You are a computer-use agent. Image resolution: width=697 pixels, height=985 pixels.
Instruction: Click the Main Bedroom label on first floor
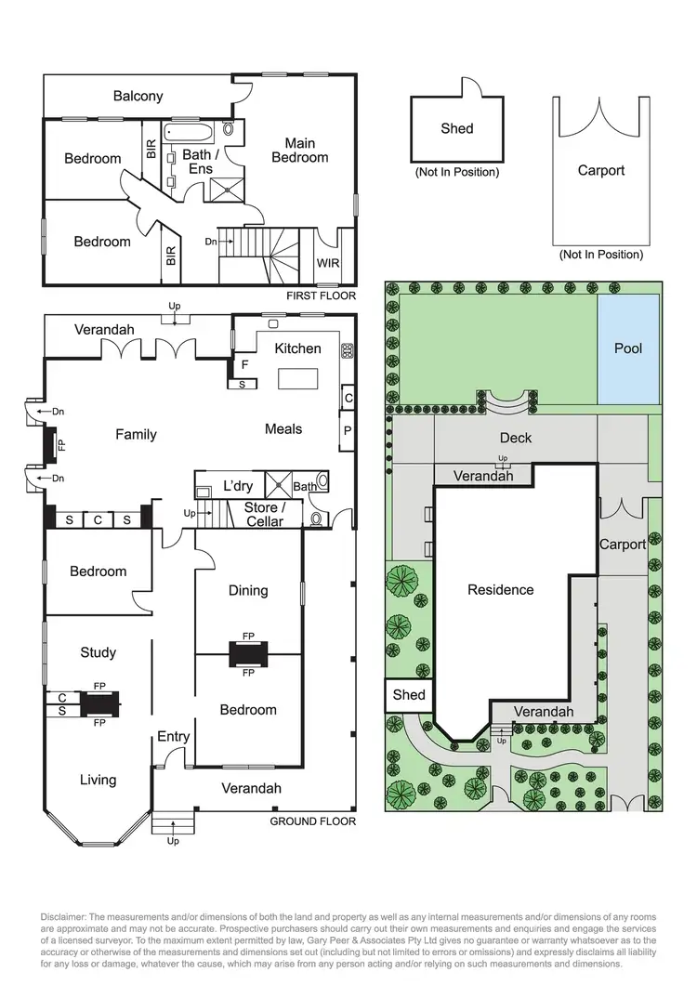point(299,151)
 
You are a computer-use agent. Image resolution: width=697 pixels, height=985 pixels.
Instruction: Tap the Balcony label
point(138,96)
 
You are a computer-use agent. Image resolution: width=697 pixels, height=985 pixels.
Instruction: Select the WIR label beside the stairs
point(328,264)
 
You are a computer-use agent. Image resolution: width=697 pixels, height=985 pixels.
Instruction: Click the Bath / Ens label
point(200,162)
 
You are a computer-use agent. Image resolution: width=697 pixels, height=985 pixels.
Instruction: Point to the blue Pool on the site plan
point(628,348)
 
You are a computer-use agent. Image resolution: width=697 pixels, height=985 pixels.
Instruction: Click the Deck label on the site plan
point(516,437)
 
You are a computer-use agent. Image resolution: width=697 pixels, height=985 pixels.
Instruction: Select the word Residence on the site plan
point(500,589)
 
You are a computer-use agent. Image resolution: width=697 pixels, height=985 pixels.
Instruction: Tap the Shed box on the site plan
point(409,695)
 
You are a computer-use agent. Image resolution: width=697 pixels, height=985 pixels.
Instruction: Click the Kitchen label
point(297,348)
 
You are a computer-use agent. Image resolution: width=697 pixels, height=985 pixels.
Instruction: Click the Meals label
point(283,429)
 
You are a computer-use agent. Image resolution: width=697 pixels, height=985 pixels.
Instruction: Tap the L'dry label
point(238,485)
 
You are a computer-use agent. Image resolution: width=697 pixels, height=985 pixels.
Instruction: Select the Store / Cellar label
point(265,515)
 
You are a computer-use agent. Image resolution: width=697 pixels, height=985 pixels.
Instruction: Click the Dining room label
point(248,590)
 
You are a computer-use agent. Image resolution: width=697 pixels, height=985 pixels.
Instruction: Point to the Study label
point(98,652)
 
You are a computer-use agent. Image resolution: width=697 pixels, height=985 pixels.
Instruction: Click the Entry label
point(173,737)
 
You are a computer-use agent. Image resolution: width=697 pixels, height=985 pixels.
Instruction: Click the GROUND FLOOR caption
point(312,821)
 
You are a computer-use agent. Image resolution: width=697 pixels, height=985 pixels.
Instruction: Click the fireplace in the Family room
point(52,443)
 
